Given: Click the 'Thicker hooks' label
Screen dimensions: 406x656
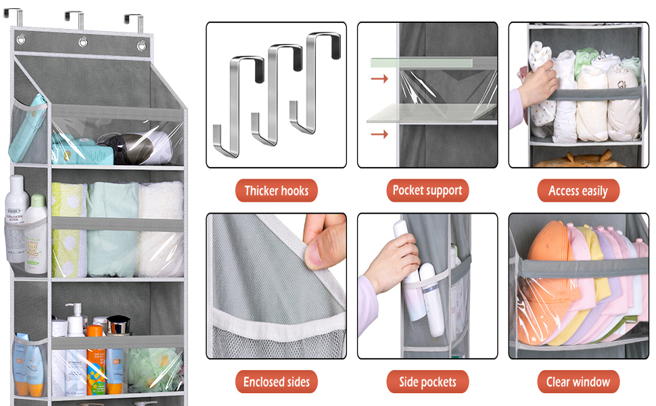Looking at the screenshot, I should click(x=276, y=191).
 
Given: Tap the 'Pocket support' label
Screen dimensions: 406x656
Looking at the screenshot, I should click(x=427, y=191).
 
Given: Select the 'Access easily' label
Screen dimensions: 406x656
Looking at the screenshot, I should click(x=578, y=191).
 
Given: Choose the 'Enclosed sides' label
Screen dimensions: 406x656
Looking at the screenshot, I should click(x=276, y=382).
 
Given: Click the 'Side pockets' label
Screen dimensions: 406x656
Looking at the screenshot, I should click(x=427, y=382).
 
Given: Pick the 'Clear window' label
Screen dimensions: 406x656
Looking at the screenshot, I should click(x=578, y=382).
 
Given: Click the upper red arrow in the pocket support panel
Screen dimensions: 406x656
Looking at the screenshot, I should click(x=380, y=79).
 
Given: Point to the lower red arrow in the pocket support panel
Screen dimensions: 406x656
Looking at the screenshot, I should click(x=380, y=134).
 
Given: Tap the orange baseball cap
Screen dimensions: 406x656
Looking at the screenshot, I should click(x=546, y=271).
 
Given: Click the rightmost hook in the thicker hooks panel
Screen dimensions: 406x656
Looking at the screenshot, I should click(x=318, y=74).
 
